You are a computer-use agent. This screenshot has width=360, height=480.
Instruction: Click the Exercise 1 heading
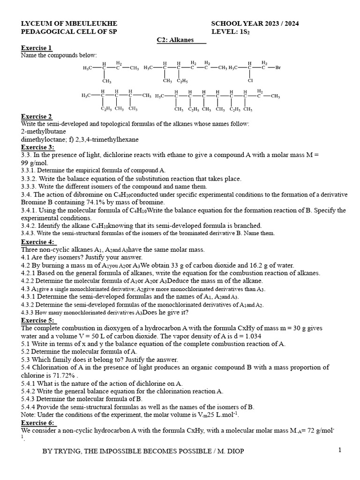(37, 48)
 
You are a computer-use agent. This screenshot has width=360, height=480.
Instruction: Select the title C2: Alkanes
(180, 40)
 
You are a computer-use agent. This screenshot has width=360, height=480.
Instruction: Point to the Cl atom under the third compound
(250, 81)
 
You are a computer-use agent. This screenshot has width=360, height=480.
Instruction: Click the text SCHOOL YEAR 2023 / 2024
(255, 23)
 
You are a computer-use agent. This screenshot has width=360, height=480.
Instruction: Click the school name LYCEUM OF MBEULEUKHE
(69, 23)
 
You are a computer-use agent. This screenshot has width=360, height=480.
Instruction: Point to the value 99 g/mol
(35, 162)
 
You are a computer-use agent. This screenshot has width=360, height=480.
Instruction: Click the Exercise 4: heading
(38, 242)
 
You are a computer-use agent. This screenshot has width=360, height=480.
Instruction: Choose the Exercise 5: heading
(38, 320)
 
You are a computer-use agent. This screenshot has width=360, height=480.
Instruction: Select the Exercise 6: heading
(38, 422)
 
